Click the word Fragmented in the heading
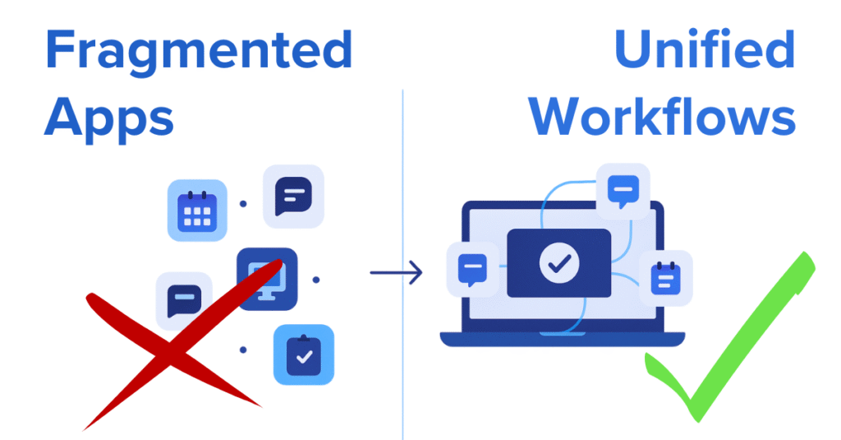point(198,51)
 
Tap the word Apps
point(108,117)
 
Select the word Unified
point(704,51)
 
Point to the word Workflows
point(662,117)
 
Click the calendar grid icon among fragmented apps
point(197,211)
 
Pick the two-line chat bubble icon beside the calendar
point(293,197)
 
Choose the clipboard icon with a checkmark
point(304,354)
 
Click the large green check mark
point(723,354)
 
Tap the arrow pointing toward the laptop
point(396,271)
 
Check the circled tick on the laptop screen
point(559,263)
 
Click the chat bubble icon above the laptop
point(623,191)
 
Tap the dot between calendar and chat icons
point(242,203)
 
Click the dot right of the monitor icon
point(316,280)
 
